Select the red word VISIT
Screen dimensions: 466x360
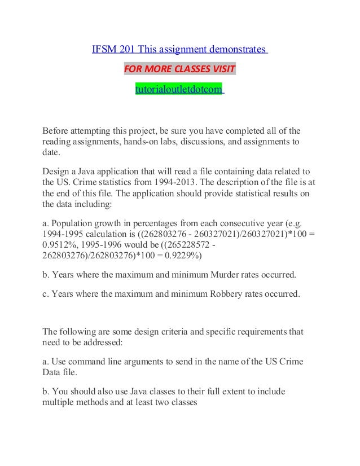[x=222, y=70]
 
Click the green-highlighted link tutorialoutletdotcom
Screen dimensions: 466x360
[x=178, y=89]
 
